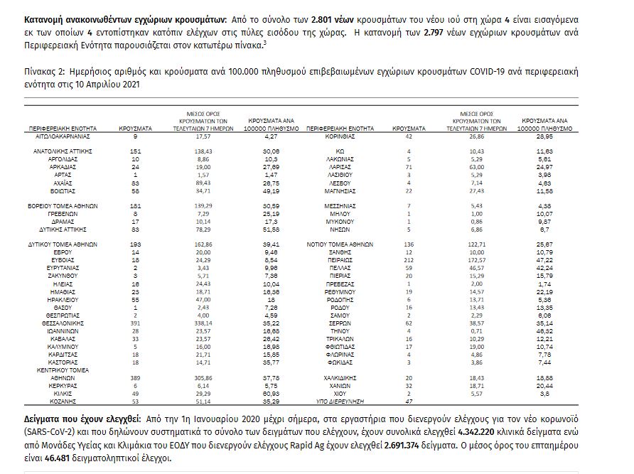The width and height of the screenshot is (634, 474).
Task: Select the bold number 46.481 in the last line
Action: tap(46, 458)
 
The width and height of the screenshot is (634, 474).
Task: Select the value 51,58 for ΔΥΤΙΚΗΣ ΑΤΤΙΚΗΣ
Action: tap(251, 230)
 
